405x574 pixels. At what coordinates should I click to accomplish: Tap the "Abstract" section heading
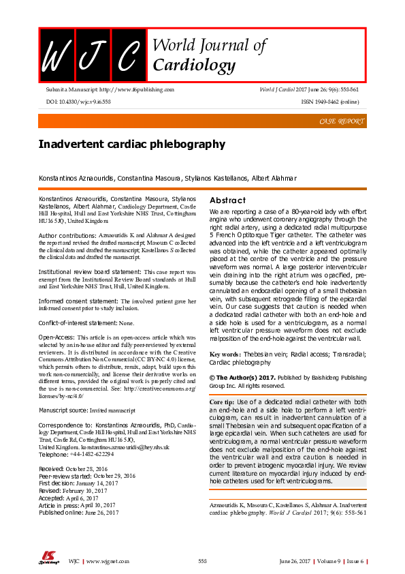pos(227,200)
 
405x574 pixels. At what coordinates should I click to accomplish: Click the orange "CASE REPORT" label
pos(341,121)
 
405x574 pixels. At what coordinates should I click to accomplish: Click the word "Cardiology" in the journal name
pos(194,65)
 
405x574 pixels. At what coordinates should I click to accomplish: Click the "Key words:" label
pos(225,354)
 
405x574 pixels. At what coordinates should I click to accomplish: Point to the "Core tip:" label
pos(225,403)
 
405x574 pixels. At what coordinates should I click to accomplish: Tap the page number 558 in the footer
pos(202,560)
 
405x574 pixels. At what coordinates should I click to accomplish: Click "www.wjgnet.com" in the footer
pos(108,560)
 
